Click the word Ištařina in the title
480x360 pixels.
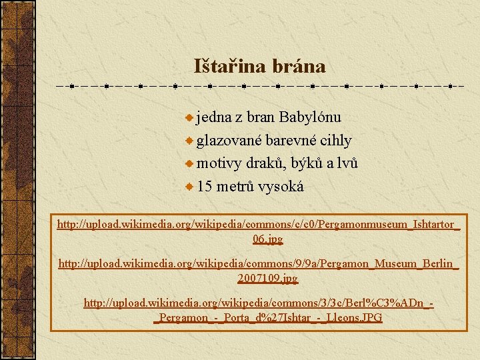point(228,67)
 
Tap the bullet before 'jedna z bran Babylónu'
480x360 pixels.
point(190,118)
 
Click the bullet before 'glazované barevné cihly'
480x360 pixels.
point(190,141)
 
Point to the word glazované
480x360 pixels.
point(229,141)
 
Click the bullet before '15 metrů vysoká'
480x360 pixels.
point(190,187)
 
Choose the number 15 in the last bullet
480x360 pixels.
point(205,187)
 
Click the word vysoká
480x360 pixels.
point(281,187)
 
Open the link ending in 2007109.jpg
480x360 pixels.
point(267,277)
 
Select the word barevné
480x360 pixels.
point(293,141)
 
